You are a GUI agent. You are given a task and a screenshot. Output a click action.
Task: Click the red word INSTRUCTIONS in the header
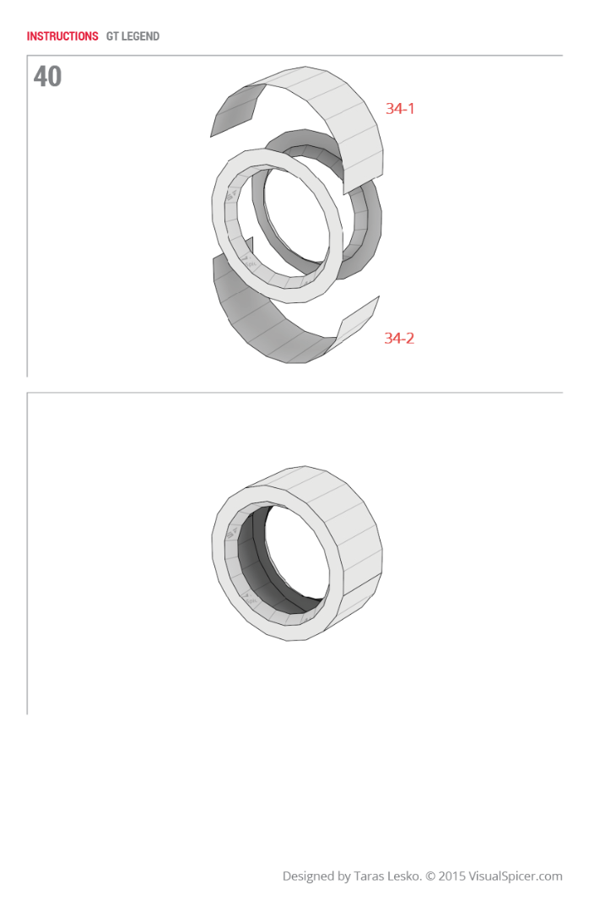[x=62, y=36]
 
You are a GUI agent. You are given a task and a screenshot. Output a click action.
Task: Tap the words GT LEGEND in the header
[x=132, y=36]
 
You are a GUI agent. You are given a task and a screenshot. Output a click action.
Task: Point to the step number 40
[x=47, y=77]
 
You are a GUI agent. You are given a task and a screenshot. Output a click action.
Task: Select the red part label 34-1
[x=400, y=108]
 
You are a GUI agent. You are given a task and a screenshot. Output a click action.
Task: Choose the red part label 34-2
[x=399, y=338]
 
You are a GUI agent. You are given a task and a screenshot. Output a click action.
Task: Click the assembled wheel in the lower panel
[x=295, y=553]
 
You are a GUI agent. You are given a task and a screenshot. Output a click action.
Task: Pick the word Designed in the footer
[x=309, y=877]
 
